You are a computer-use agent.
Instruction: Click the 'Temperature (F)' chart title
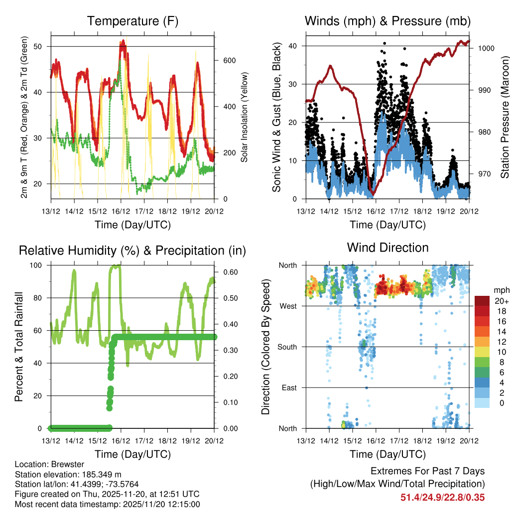coord(132,21)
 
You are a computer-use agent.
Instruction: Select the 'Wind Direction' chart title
coord(387,248)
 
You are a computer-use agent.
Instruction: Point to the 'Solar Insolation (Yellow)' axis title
coord(245,118)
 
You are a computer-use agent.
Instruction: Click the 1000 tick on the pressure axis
coord(486,48)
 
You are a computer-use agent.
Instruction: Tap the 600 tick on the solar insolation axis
coord(229,60)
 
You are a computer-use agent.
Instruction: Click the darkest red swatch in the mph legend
coord(482,301)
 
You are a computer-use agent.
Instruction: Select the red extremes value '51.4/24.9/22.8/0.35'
coord(442,497)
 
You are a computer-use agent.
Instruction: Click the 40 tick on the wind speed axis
coord(293,46)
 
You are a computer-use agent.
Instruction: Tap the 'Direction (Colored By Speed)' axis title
coord(266,347)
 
